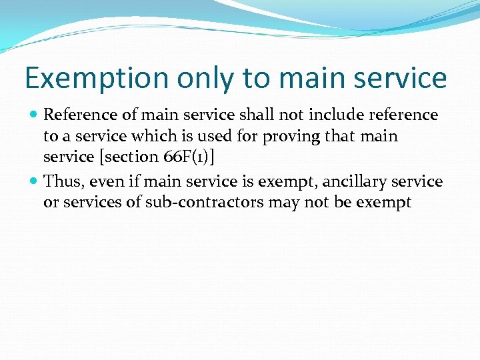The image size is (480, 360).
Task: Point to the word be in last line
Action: tap(341, 202)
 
